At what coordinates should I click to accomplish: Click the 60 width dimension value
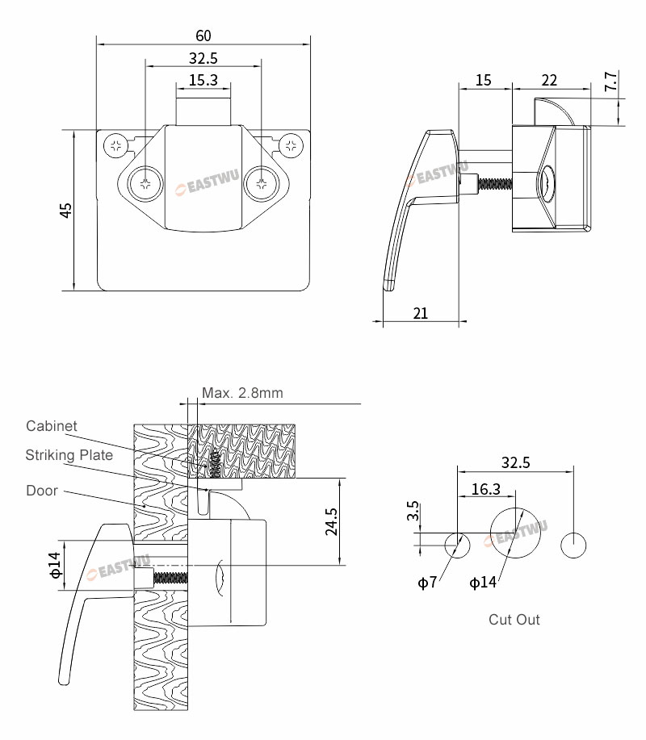(x=203, y=36)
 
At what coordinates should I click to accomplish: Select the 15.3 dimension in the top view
(x=203, y=80)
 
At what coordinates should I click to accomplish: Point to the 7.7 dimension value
(x=610, y=81)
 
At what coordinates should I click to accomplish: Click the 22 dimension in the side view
(x=549, y=80)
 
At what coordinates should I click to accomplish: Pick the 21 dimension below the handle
(x=420, y=313)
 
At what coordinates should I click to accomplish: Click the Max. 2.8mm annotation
(x=242, y=393)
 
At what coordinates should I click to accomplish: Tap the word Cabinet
(x=52, y=426)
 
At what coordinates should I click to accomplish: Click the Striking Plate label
(x=69, y=455)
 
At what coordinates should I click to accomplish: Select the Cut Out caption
(x=514, y=620)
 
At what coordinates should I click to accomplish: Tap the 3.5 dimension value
(x=413, y=512)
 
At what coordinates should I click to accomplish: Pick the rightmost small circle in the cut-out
(x=574, y=545)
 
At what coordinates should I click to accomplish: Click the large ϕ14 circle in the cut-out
(x=515, y=533)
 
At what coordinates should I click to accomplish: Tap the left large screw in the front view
(x=146, y=182)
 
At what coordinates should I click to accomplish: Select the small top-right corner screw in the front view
(x=291, y=146)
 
